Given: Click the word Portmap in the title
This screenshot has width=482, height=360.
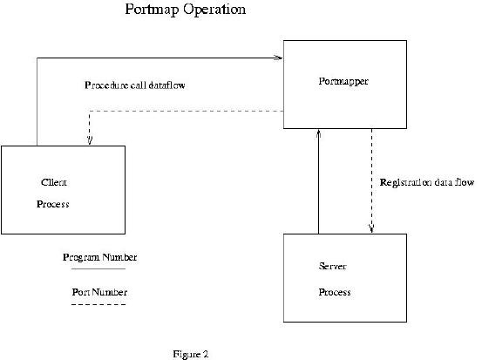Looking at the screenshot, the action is pos(152,10).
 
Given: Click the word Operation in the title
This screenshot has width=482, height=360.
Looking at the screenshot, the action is pos(214,10).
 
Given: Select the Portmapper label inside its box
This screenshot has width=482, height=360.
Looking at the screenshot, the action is pos(343,81).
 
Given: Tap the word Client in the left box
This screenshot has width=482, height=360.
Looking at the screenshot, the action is pos(54,182).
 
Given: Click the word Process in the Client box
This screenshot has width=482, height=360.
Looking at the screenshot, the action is pos(53,204).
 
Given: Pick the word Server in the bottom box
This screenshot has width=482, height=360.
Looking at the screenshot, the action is pos(333,266).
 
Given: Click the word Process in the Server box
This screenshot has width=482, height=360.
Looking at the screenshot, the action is pos(335,292).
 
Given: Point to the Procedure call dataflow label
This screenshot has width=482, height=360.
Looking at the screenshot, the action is pos(134,85).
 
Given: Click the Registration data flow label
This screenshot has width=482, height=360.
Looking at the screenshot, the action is pos(427,182).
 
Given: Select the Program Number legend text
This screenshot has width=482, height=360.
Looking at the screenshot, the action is pos(100,257).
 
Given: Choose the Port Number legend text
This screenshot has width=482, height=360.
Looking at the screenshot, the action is pos(99,292).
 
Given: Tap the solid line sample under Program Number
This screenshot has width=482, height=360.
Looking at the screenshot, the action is pos(98,269).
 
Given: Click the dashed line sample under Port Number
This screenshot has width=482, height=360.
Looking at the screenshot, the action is pos(98,304).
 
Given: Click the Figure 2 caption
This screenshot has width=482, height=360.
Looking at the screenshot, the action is pos(191,354).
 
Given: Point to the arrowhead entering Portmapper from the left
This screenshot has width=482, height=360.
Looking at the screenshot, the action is pos(279,58).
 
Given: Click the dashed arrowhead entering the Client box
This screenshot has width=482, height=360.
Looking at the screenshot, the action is pos(90,140).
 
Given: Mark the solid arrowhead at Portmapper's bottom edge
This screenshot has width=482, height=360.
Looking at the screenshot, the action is pos(319,133).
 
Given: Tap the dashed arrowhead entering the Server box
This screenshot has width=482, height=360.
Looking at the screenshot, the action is pos(371,228).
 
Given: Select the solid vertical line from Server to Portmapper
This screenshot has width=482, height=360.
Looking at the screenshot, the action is pos(319,181).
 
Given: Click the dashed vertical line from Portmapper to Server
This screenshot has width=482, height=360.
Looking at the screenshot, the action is pos(371,181).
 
